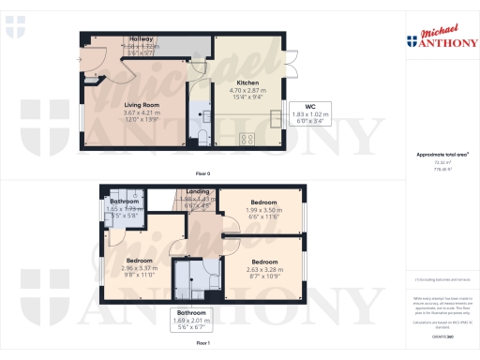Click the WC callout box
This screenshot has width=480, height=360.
(x=309, y=112)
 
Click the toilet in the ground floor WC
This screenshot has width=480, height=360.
(x=202, y=137)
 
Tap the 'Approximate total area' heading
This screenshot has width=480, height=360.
(x=442, y=154)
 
